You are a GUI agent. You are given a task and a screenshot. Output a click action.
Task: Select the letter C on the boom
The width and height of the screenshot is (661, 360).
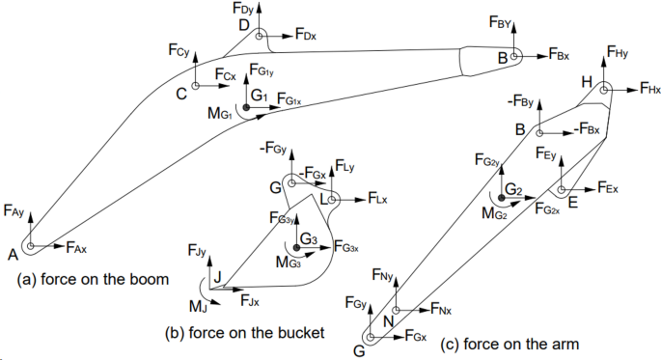coord(180,94)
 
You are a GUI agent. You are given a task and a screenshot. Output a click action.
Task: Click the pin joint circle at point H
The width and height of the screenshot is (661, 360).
coord(604,90)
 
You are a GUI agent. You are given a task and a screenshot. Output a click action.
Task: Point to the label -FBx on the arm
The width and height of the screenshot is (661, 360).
coord(588,128)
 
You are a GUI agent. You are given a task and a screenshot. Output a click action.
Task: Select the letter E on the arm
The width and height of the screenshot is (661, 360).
coord(573,204)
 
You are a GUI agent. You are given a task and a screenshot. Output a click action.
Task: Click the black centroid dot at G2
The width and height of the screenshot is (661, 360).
coord(501,198)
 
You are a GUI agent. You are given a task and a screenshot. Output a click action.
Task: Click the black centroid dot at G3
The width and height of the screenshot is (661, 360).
coord(297,247)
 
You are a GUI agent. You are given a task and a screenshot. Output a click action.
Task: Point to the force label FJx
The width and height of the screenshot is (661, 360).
coord(249,302)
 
